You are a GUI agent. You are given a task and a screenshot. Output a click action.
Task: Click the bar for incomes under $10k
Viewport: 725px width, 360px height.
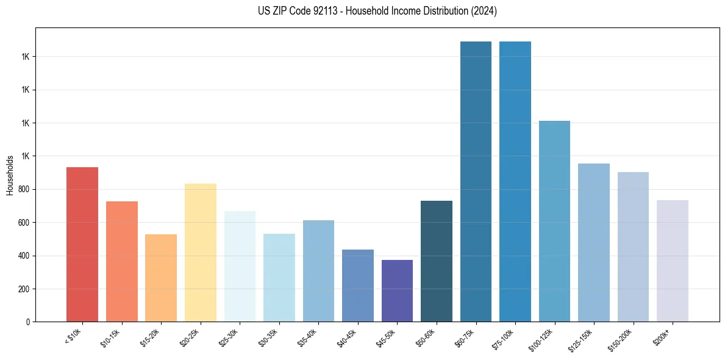[82, 244]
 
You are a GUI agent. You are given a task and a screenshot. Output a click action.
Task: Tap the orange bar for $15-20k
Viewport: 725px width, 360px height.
[161, 278]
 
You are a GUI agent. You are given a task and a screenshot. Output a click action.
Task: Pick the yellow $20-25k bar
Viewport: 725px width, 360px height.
[201, 253]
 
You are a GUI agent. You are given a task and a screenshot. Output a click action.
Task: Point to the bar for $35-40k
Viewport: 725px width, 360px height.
[318, 271]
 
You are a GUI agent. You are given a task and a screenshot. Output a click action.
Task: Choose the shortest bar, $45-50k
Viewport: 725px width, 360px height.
[397, 290]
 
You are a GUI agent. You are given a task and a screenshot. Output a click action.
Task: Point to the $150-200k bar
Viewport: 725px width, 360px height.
[633, 247]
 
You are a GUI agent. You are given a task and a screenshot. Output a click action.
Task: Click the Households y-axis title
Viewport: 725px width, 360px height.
[10, 175]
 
